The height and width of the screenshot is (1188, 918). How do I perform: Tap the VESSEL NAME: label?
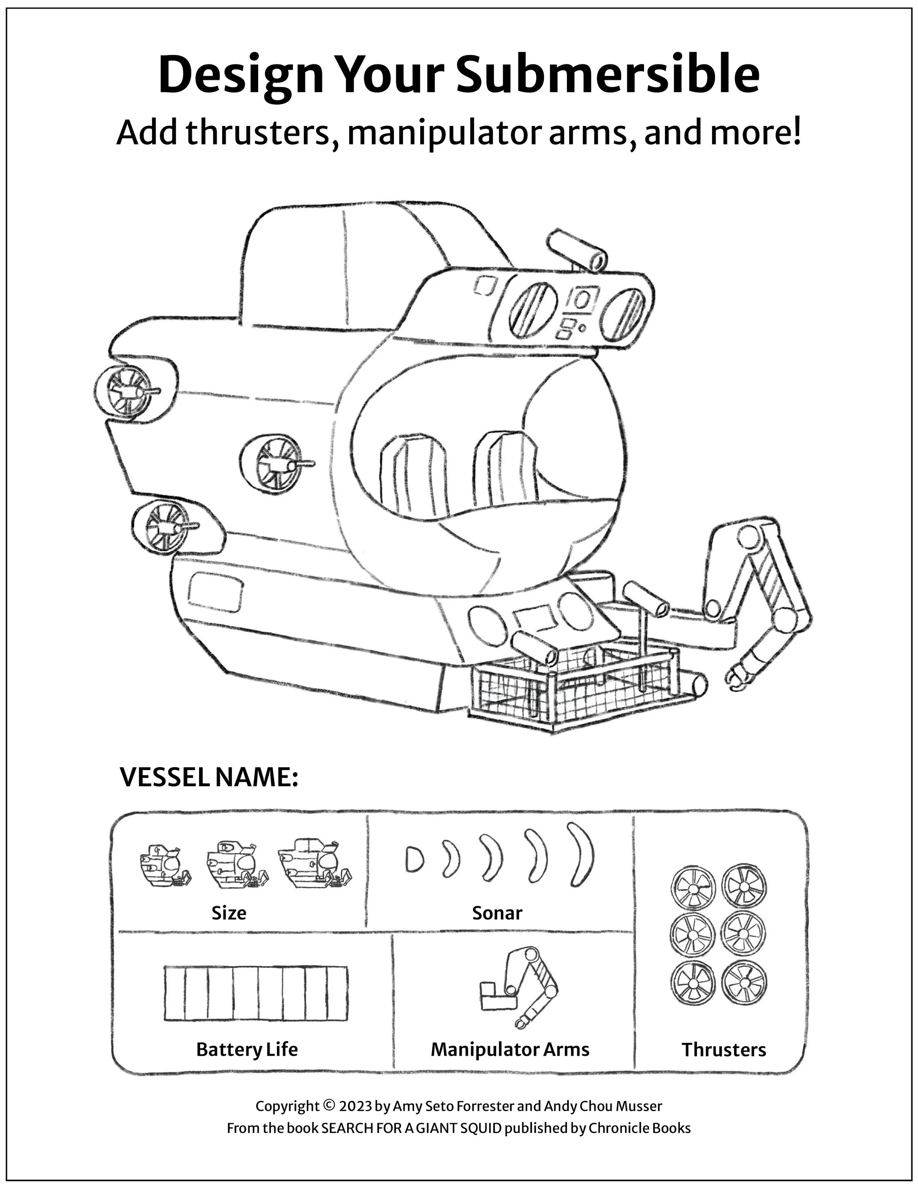[209, 777]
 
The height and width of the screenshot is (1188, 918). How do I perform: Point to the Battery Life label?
[247, 1049]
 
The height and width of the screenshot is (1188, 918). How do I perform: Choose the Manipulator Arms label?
[510, 1049]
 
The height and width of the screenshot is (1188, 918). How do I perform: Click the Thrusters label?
[723, 1049]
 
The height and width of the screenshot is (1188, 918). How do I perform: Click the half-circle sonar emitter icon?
[414, 859]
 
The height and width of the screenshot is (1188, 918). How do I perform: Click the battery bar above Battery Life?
[256, 993]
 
